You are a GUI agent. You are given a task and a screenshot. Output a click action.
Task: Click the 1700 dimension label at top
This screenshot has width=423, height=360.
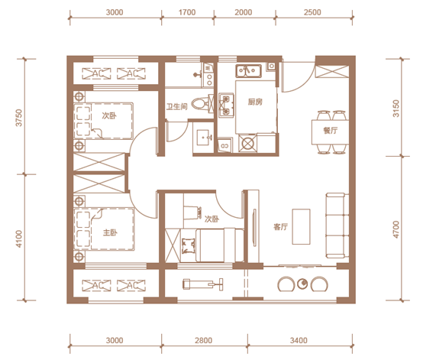pyautogui.click(x=187, y=12)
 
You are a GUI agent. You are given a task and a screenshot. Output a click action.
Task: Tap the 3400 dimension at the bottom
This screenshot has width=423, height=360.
pyautogui.click(x=299, y=340)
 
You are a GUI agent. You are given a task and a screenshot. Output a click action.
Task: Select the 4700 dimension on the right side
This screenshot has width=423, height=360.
pyautogui.click(x=396, y=229)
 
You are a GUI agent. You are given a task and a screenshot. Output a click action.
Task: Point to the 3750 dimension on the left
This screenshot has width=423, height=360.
pyautogui.click(x=19, y=118)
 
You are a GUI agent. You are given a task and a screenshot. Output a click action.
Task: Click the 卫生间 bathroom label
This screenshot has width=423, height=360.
pyautogui.click(x=176, y=107)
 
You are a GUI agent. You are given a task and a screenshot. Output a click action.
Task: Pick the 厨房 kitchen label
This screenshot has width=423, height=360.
pyautogui.click(x=255, y=102)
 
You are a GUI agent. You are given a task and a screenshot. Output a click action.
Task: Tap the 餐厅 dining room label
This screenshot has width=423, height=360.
pyautogui.click(x=331, y=131)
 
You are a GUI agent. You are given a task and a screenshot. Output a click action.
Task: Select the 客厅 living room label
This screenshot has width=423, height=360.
pyautogui.click(x=280, y=227)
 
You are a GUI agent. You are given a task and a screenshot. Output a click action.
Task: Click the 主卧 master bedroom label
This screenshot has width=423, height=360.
pyautogui.click(x=110, y=232)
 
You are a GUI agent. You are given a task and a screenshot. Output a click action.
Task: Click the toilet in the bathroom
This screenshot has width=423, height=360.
pyautogui.click(x=202, y=104)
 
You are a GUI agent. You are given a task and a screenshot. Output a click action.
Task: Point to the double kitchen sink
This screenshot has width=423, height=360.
pyautogui.click(x=248, y=71)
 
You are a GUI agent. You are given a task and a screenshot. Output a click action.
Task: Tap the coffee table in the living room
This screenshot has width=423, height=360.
pyautogui.click(x=301, y=226)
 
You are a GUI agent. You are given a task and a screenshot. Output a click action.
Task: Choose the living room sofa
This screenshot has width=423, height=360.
pyautogui.click(x=335, y=225)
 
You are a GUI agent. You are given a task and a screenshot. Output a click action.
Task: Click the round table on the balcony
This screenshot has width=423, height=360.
pyautogui.click(x=302, y=284)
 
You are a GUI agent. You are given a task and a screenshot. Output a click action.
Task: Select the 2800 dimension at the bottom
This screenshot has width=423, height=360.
pyautogui.click(x=203, y=340)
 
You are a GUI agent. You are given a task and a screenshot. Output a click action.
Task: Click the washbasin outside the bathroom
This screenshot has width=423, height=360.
pyautogui.click(x=204, y=138)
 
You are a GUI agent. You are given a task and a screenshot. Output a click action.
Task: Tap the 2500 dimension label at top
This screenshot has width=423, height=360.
pyautogui.click(x=312, y=12)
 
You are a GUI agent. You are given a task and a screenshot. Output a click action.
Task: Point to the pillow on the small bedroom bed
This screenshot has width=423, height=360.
pyautogui.click(x=189, y=246)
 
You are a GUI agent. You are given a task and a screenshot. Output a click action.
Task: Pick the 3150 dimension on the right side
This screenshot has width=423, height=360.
pyautogui.click(x=396, y=109)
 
